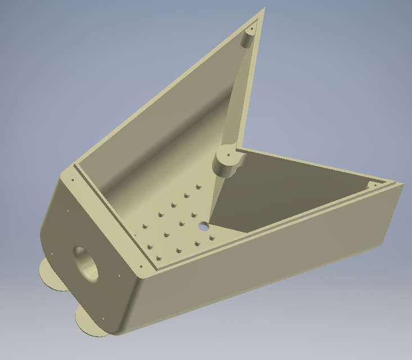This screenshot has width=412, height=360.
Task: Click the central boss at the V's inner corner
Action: [229, 162]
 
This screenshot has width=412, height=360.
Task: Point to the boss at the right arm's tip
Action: [373, 185]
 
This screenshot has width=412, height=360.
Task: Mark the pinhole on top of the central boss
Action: [229, 155]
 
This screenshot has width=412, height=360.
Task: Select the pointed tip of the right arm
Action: [402, 185]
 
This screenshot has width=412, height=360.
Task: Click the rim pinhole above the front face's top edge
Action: [72, 180]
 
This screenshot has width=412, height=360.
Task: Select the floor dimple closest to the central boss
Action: [198, 185]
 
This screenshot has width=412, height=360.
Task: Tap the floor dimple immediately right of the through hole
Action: [212, 238]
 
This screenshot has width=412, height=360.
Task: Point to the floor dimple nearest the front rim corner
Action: [159, 258]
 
